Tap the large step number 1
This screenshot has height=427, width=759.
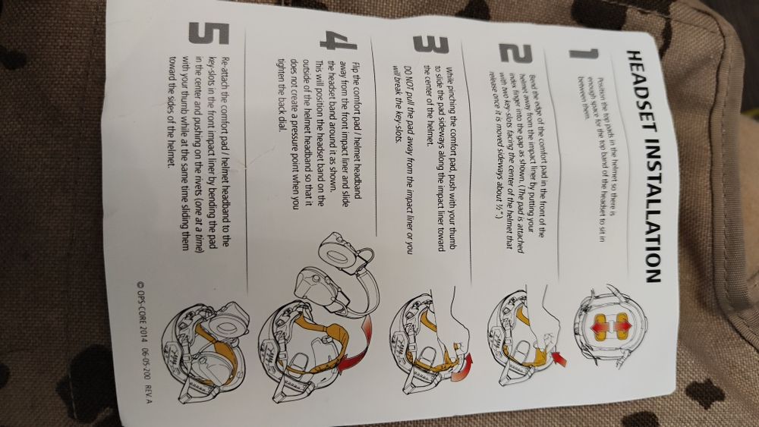(583, 54)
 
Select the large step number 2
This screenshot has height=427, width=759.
(515, 52)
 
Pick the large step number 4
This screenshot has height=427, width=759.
(338, 40)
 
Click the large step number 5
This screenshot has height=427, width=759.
(208, 33)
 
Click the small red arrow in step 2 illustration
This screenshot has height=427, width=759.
(559, 358)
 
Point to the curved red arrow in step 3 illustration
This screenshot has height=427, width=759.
(464, 368)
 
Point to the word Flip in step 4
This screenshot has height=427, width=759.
(356, 69)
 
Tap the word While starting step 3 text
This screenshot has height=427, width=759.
(450, 78)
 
